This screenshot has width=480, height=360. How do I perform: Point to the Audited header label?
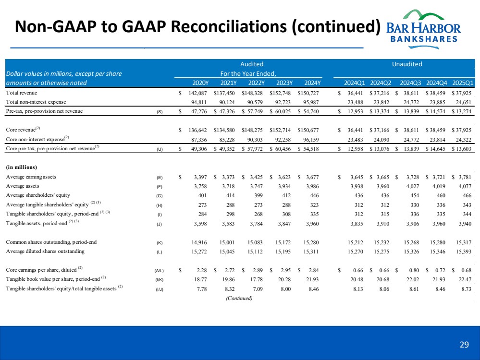252,64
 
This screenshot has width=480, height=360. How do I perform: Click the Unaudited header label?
406,64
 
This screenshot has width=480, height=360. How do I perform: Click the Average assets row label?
23,186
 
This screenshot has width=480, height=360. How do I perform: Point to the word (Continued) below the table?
239,298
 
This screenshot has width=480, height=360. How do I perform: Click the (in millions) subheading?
22,168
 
